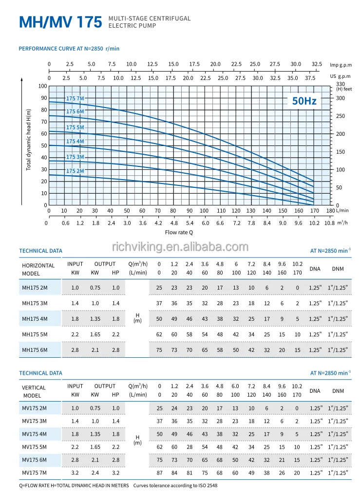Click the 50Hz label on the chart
tap(304, 101)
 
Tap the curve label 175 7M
tap(75, 98)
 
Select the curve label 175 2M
tap(75, 171)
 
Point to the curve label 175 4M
tap(75, 141)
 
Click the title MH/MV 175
tap(60, 22)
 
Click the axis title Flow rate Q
tap(179, 232)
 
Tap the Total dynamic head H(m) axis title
tap(29, 139)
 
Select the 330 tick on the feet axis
tap(341, 84)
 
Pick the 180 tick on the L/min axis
tap(330, 211)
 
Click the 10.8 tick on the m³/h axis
tap(330, 223)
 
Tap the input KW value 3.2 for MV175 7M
tap(75, 473)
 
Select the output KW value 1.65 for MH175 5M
tap(95, 334)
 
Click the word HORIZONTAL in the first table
tap(38, 266)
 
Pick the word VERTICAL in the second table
tap(34, 388)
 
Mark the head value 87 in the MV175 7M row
tap(159, 473)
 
